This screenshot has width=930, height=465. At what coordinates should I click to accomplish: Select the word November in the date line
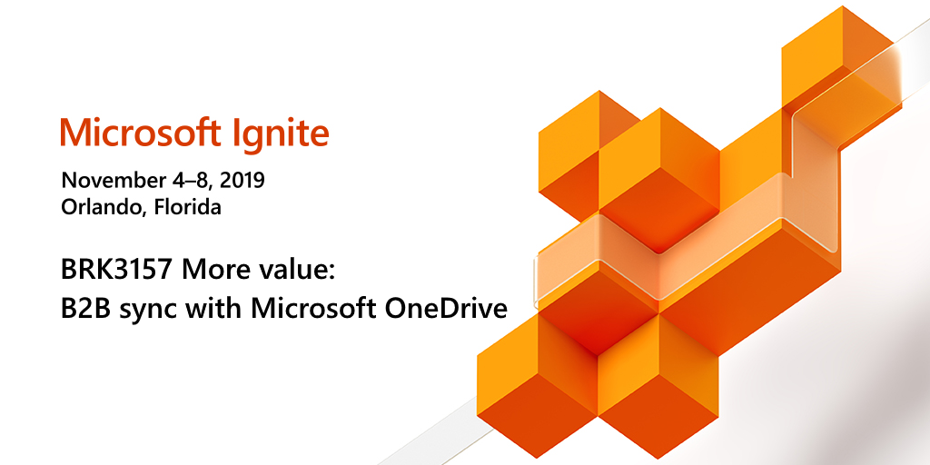point(110,180)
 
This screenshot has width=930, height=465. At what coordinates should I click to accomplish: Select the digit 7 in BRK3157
point(167,271)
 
